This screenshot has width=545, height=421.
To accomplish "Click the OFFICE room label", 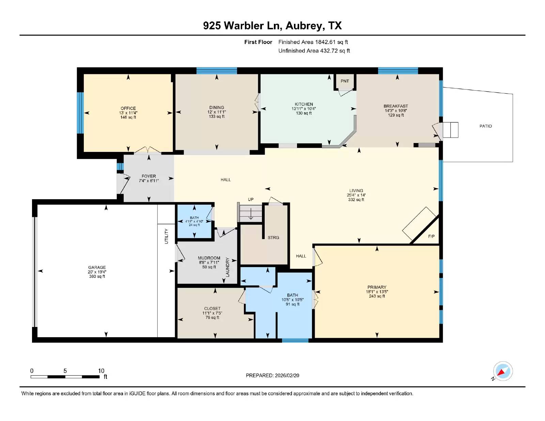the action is click(128, 108).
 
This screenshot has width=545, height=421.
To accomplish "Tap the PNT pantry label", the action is click(345, 81).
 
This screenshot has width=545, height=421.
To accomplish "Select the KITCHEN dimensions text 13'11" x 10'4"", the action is click(304, 109).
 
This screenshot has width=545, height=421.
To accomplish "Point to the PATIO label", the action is click(485, 126).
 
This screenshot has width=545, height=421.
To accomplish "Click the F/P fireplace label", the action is click(431, 236).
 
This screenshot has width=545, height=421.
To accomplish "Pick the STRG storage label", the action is click(274, 237).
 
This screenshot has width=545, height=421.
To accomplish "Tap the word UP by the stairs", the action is click(251, 199).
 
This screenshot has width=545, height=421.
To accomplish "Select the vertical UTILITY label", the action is click(166, 236).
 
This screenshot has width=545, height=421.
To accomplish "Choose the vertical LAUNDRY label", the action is click(228, 267).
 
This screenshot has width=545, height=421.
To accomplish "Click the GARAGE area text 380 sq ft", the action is click(97, 276).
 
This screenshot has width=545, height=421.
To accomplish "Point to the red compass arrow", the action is click(501, 372).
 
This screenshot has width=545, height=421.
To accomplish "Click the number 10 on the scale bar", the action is click(101, 371).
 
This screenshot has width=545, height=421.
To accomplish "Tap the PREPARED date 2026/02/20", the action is click(287, 375).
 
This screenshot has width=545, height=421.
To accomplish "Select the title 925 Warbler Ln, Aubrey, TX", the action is click(272, 26).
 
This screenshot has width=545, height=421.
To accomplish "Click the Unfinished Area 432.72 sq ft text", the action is click(314, 51).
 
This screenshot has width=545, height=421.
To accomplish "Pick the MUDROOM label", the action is click(209, 258).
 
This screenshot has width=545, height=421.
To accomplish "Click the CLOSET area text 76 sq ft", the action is click(212, 317).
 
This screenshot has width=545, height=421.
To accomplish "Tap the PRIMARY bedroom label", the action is click(377, 287).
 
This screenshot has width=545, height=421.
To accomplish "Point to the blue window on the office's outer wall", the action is click(80, 113).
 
